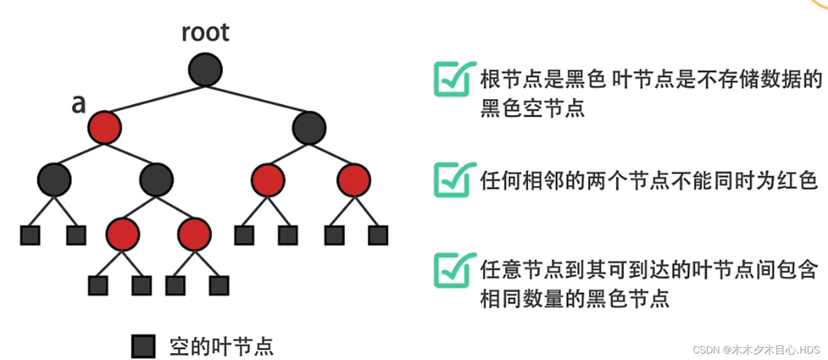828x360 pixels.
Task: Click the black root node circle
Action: click(x=205, y=70)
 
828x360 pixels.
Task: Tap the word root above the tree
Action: click(x=205, y=33)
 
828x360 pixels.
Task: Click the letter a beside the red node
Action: click(x=79, y=104)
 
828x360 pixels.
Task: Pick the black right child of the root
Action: click(x=309, y=128)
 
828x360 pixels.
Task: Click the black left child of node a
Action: click(x=54, y=180)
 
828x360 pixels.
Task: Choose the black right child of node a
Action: click(x=156, y=180)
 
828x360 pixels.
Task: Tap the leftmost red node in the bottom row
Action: click(x=123, y=234)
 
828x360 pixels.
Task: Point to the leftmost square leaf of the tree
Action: click(x=30, y=235)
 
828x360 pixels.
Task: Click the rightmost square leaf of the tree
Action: click(x=378, y=235)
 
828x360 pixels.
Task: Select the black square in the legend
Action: click(x=143, y=346)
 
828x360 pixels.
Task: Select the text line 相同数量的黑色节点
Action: click(x=574, y=298)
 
